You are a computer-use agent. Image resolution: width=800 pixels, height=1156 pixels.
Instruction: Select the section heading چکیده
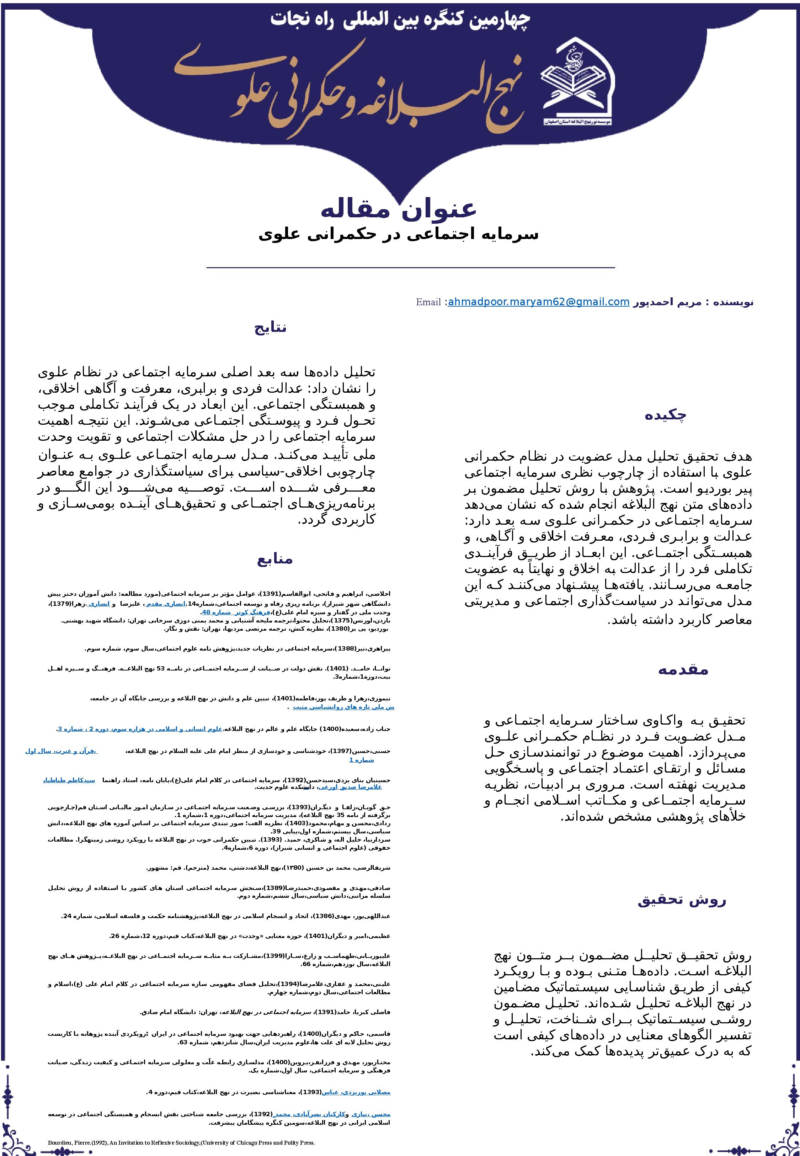pos(665,415)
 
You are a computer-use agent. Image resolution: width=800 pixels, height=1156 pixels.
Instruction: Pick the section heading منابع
pos(275,559)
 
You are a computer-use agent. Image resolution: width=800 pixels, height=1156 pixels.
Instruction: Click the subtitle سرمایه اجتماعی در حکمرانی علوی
pos(399,234)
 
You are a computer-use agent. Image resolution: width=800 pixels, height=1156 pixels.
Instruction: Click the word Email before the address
pos(428,302)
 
